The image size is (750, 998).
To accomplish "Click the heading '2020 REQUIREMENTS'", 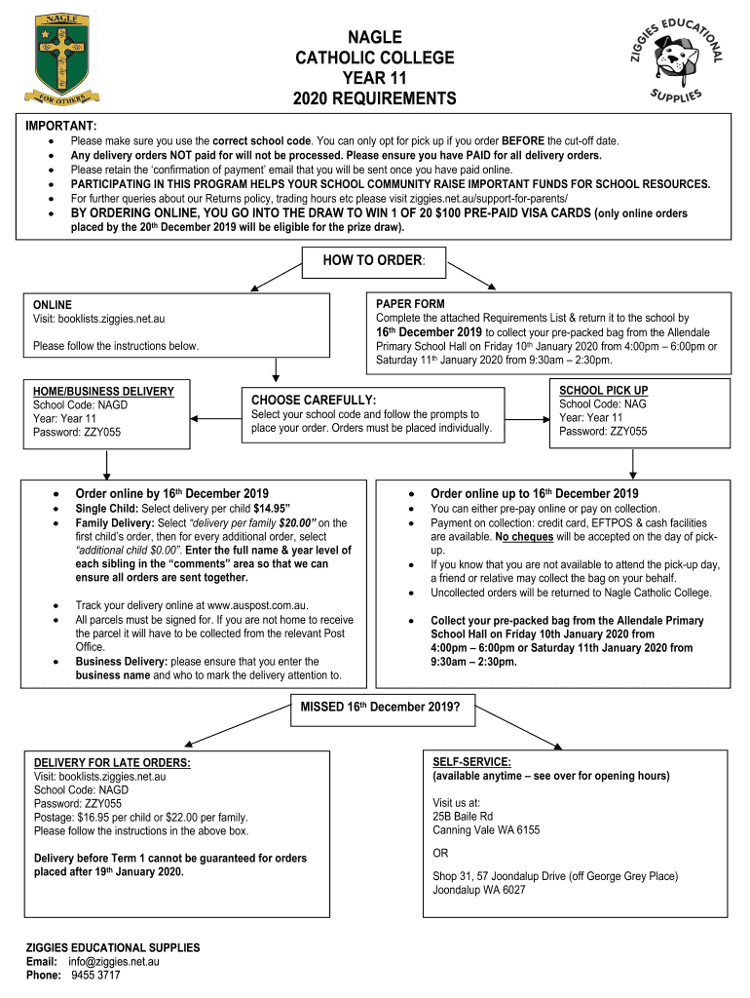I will click(x=375, y=99).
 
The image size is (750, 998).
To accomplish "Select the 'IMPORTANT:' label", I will click(x=60, y=127).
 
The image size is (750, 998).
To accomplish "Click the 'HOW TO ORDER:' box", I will click(x=375, y=262).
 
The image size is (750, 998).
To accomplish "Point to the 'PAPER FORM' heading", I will click(x=410, y=304).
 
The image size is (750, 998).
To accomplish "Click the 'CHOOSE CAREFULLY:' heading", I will click(x=314, y=400).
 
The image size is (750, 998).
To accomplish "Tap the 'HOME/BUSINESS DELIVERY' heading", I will click(x=103, y=392).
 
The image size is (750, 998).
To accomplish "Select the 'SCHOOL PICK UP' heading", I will click(x=603, y=390).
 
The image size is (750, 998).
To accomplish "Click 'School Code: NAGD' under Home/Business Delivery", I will click(x=80, y=405).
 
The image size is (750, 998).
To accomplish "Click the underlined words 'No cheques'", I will click(x=525, y=536).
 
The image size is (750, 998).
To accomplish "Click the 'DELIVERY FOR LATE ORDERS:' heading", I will click(x=112, y=762).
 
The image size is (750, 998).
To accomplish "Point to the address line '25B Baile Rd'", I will click(x=463, y=816).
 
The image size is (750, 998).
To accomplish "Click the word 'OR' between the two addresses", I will click(x=441, y=853).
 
